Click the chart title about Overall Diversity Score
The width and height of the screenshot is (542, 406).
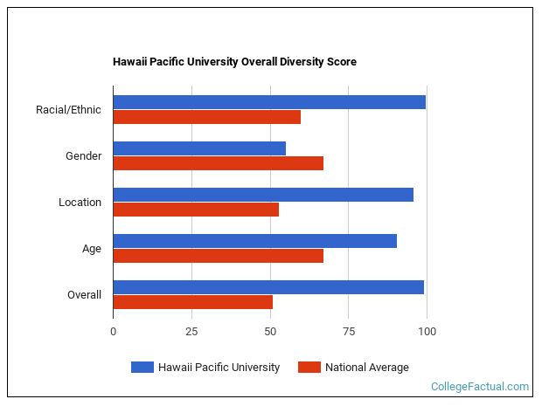click(x=234, y=62)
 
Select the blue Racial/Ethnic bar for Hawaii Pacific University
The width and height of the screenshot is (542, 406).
click(x=269, y=102)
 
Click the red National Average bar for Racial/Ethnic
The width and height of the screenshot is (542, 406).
click(x=206, y=117)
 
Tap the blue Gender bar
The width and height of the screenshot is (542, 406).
click(x=199, y=148)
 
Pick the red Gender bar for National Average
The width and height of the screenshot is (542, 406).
click(x=218, y=163)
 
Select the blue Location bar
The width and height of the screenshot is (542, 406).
click(x=263, y=195)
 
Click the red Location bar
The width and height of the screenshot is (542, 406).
click(x=196, y=210)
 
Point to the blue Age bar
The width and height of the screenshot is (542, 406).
click(x=254, y=241)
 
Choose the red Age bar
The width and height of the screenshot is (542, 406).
click(x=218, y=256)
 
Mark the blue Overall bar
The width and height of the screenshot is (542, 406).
click(x=268, y=287)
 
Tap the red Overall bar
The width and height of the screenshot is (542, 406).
click(x=192, y=302)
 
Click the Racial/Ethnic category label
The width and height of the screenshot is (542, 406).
click(x=68, y=110)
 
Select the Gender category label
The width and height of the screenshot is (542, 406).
click(x=83, y=156)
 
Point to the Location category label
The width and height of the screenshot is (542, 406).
click(x=80, y=203)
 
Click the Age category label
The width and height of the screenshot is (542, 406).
click(x=91, y=249)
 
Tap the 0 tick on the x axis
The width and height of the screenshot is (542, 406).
click(x=113, y=332)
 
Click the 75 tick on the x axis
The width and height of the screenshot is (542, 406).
click(x=348, y=332)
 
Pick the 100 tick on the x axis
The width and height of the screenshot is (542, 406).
click(x=427, y=332)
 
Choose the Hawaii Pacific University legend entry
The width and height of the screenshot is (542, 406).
click(x=205, y=368)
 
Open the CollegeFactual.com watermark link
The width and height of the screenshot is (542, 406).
click(x=480, y=386)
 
